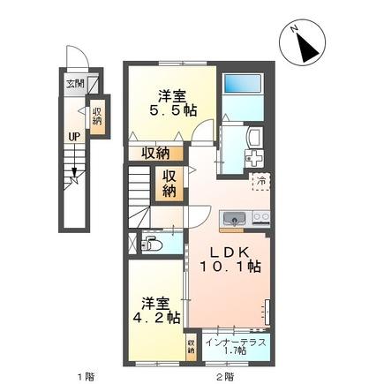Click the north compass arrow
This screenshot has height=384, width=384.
(309, 43)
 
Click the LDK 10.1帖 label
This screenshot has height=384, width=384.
(229, 256)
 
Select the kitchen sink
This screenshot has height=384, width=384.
(235, 218)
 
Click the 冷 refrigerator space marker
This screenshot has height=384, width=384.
(260, 181)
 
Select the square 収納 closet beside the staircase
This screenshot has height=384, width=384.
(169, 182)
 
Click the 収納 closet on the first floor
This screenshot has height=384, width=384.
(97, 117)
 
